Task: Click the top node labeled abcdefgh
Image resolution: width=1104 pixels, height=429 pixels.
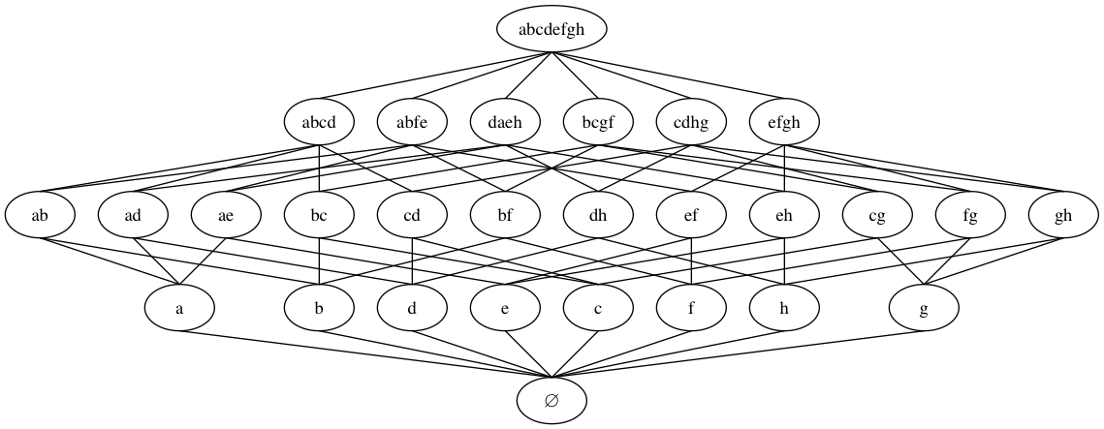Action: tap(552, 29)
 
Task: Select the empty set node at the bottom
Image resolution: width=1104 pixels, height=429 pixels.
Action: tap(552, 401)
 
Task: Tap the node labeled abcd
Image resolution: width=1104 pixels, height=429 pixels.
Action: tap(319, 122)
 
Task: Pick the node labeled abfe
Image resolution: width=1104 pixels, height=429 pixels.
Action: tap(412, 122)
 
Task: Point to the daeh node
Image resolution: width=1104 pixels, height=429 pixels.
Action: tap(505, 122)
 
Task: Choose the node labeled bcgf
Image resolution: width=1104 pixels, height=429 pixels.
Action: tap(598, 122)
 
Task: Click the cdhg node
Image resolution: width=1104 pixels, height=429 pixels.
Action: tap(691, 122)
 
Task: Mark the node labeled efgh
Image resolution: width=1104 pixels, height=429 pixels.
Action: tap(784, 122)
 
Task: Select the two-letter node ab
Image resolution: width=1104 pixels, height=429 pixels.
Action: tap(40, 215)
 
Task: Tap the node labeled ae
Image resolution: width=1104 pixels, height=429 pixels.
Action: tap(226, 215)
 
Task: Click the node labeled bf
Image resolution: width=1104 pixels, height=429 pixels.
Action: tap(505, 215)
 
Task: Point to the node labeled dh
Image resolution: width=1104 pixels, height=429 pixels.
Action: tap(598, 215)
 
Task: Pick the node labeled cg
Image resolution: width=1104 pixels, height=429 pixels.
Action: tap(877, 215)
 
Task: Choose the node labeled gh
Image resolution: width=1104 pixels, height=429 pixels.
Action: tap(1063, 215)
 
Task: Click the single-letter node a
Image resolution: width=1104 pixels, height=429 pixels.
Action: tap(179, 308)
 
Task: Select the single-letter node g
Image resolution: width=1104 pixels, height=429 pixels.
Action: tap(924, 308)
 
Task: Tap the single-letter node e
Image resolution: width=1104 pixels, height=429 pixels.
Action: tap(505, 308)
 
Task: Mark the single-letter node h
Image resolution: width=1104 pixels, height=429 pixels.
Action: tap(784, 308)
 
